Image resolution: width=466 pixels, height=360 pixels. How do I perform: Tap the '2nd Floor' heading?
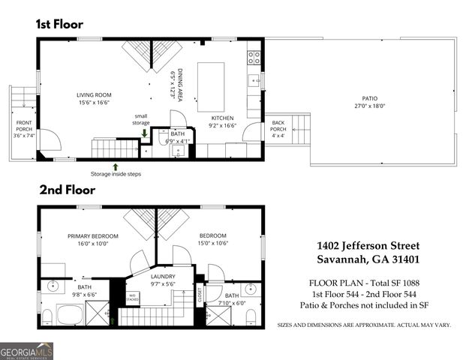point(63,190)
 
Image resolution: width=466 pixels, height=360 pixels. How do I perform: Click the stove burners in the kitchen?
point(254,55)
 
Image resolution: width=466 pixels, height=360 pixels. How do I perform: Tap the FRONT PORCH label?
point(25,127)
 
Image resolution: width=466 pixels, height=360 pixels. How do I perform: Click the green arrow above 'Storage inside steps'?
point(115,166)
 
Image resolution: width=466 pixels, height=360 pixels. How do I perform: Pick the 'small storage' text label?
point(141,119)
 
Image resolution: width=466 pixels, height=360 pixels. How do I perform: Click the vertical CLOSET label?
point(200,293)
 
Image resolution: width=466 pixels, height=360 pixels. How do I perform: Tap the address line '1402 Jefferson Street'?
point(368,246)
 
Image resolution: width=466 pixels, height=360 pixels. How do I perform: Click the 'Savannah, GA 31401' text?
point(368,260)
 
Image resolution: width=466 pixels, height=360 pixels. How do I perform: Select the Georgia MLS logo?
point(26,349)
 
